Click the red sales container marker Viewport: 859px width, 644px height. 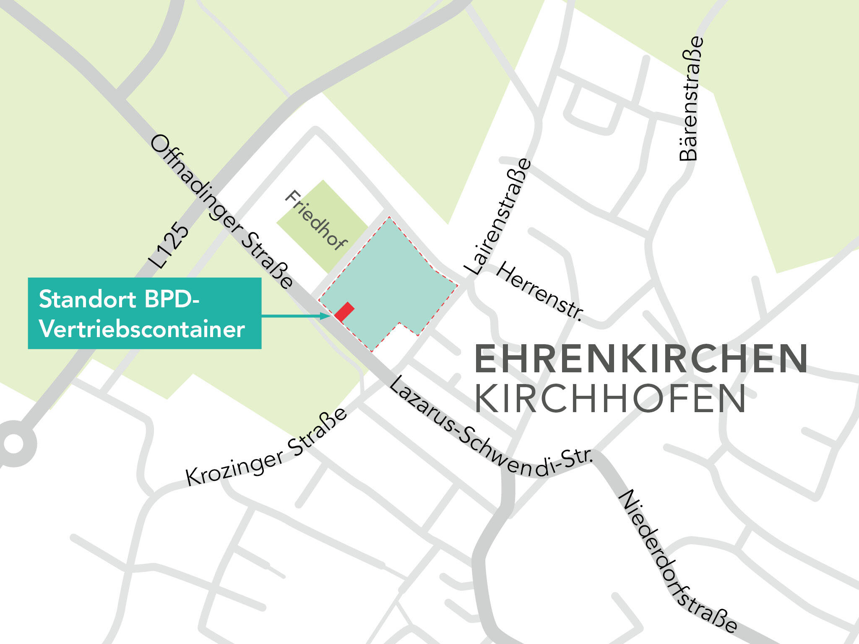[x=344, y=312]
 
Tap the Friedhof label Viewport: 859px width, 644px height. [x=316, y=221]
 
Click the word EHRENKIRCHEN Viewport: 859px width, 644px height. [x=641, y=359]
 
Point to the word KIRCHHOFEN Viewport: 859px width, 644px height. [x=610, y=398]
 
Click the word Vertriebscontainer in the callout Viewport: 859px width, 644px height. [x=142, y=330]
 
